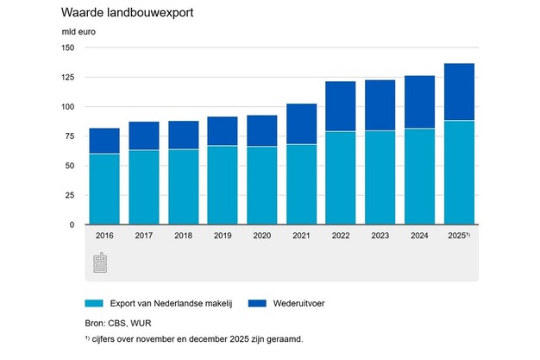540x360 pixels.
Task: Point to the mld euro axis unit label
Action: (78, 33)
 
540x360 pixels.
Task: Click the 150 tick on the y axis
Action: (67, 48)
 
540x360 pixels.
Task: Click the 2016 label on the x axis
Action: (104, 235)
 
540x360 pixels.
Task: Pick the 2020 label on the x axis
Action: (261, 235)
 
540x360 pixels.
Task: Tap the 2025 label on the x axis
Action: (458, 235)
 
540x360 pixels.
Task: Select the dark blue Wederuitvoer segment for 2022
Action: (341, 106)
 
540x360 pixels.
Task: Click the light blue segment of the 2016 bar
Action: (104, 189)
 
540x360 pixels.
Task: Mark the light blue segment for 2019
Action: (223, 185)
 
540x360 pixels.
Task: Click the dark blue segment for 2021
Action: (301, 124)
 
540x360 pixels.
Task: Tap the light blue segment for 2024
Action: (419, 176)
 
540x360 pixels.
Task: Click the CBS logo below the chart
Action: (100, 262)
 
